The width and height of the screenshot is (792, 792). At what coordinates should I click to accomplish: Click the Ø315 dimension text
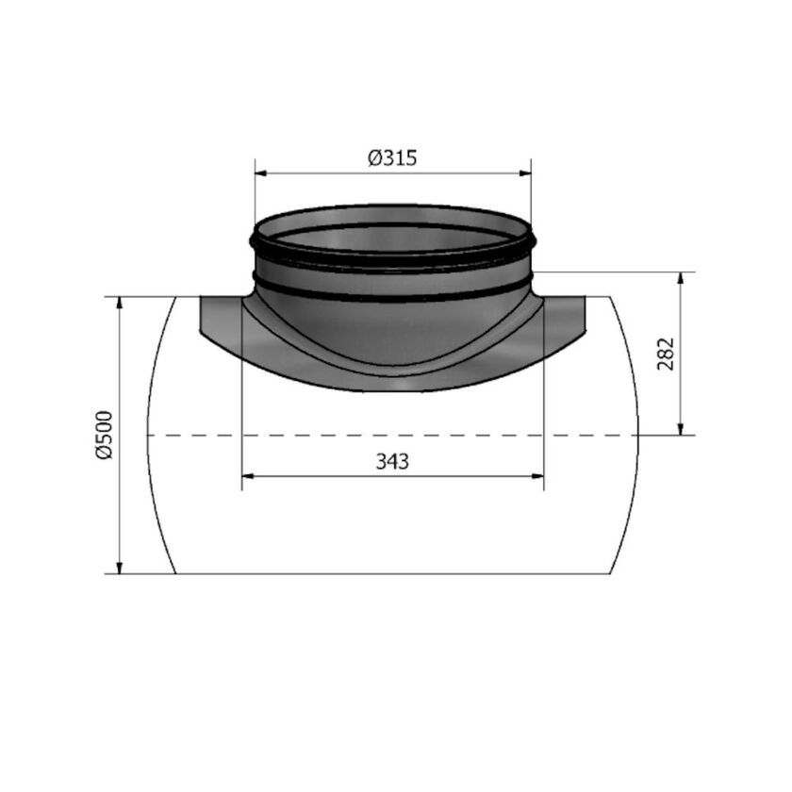click(x=392, y=158)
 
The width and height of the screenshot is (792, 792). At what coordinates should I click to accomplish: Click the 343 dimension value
click(x=392, y=462)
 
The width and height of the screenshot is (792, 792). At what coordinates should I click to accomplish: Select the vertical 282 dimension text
click(x=666, y=353)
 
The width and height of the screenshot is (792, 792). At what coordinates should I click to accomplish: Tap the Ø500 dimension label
click(x=104, y=434)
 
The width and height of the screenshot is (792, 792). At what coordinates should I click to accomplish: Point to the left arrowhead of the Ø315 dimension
click(x=259, y=173)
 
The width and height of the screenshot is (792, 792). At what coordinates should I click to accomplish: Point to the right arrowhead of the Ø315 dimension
click(x=526, y=173)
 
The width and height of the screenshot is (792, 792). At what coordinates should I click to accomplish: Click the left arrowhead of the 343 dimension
click(x=247, y=477)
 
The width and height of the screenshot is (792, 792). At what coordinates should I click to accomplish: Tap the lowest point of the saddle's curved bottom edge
click(x=392, y=392)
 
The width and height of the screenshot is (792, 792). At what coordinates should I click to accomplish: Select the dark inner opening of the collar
click(x=392, y=236)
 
